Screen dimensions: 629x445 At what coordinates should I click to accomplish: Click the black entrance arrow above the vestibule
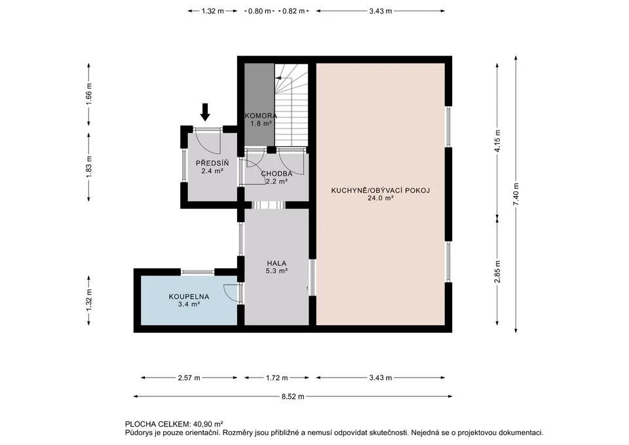coord(205,112)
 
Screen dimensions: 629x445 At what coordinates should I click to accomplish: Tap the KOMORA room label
coord(261,115)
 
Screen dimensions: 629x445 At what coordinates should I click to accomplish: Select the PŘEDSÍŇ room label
coord(212,163)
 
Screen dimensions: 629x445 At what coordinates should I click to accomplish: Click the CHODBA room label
coord(276,174)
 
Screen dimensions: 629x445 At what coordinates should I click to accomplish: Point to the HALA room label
coord(276,263)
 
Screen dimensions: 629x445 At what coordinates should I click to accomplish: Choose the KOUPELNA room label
coord(189,297)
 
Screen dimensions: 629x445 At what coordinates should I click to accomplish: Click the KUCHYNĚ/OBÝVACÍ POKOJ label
coord(380,191)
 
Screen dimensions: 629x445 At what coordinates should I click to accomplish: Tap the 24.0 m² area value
coord(380,198)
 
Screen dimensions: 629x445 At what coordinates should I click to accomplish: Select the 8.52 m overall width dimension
coord(293,397)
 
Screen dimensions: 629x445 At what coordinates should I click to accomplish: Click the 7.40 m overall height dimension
coord(516,195)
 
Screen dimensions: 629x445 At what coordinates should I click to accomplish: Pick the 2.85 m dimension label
coord(497,272)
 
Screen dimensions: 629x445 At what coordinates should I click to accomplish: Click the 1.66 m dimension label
coord(88,94)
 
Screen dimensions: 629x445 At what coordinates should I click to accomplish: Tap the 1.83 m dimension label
coord(88,166)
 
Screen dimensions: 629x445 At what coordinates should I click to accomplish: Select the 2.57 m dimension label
coord(189,378)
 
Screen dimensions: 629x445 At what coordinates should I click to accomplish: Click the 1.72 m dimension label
coord(276,378)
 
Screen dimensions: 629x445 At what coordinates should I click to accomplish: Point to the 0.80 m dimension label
coord(259,11)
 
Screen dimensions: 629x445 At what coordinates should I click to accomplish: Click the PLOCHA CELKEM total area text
coord(174,424)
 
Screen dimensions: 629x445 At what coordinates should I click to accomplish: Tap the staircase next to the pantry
coord(291,105)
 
